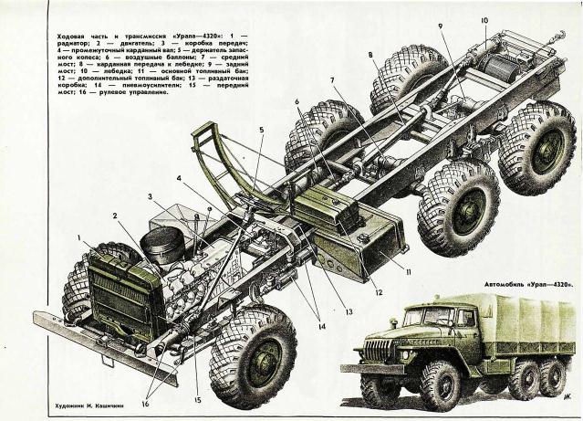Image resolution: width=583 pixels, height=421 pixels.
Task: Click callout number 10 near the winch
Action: tap(484, 19)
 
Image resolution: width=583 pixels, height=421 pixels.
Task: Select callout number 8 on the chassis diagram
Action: tap(370, 56)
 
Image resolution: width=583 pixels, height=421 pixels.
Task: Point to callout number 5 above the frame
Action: tap(260, 130)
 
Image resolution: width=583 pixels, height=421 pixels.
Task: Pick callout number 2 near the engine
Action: tap(116, 216)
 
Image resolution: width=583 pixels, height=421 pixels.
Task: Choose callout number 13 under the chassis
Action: tap(348, 311)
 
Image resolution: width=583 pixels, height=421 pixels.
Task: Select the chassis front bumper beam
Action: tap(100, 343)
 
